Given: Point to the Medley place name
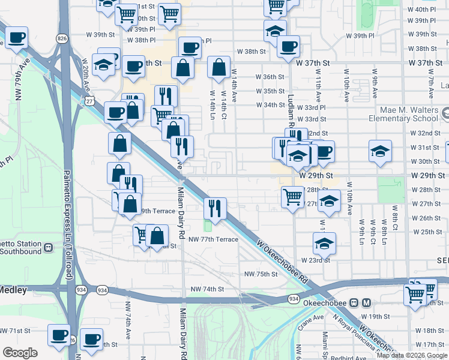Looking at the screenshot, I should coord(13,290).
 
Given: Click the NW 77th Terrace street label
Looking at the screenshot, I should coord(213,239).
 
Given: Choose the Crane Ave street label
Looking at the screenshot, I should coord(310,317).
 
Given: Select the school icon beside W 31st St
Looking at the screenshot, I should coord(379,151).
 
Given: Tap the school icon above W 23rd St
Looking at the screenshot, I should coord(324,244).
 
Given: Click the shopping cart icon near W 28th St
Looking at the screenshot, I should coord(292,196).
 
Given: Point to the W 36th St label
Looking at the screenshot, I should coord(270,77).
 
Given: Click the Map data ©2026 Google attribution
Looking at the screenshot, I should coord(412,355).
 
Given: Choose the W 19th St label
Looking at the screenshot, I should coord(375,316).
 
